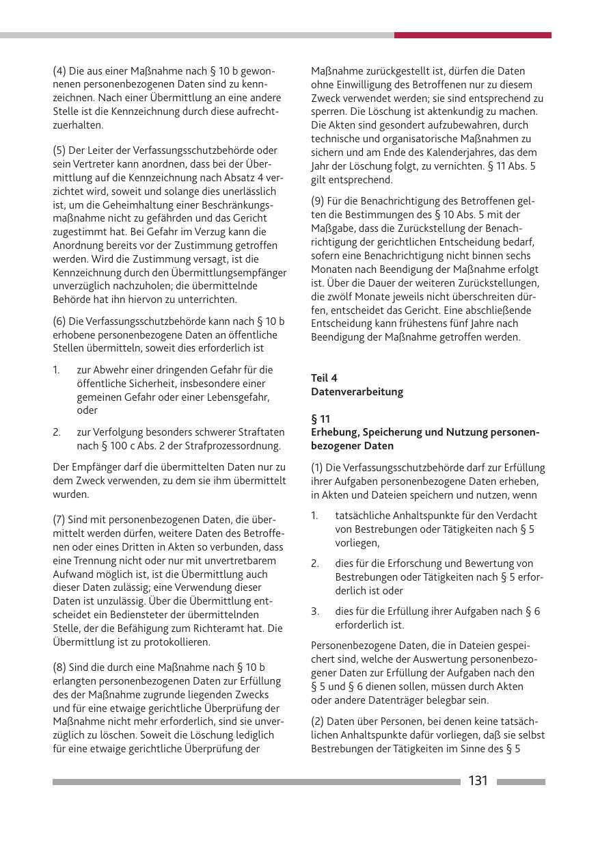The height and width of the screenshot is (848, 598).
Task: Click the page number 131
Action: click(x=478, y=781)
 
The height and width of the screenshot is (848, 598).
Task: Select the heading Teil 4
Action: click(x=324, y=378)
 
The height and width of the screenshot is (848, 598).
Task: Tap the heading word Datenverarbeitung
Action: click(x=357, y=392)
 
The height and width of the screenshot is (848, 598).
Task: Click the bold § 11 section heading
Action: click(x=321, y=419)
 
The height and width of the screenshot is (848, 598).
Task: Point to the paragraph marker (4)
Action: click(x=59, y=71)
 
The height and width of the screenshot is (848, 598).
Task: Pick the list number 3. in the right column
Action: click(x=315, y=611)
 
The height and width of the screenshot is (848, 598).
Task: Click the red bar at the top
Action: click(x=472, y=35)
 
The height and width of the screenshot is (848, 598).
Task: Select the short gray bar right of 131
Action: click(x=521, y=781)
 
